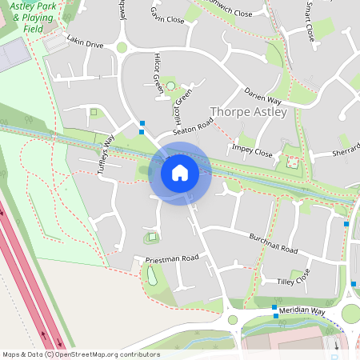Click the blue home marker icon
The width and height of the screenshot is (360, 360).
click(180, 172)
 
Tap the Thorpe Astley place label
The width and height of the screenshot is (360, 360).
click(248, 112)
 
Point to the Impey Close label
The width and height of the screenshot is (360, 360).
click(252, 151)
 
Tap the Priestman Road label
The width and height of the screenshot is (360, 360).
click(171, 259)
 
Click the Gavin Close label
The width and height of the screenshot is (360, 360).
click(167, 14)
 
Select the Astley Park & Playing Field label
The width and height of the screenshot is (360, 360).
click(34, 17)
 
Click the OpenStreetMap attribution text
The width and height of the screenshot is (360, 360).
click(81, 354)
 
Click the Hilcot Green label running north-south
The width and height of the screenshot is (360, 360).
click(158, 74)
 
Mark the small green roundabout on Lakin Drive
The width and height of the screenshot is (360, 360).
click(122, 48)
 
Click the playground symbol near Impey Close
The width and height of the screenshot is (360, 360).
click(292, 162)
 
